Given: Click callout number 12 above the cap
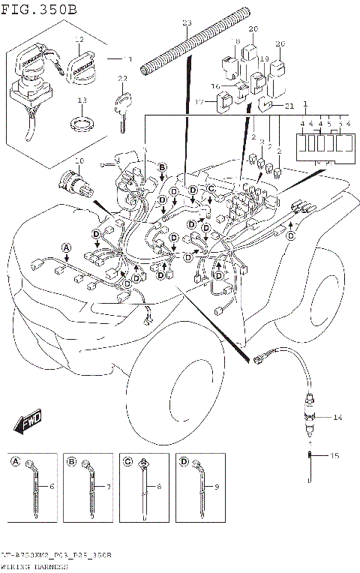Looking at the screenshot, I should coord(79,39).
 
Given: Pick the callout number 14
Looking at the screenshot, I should coord(337,416).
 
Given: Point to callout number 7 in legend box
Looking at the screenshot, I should coord(108,487).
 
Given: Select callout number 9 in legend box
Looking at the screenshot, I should coord(217,487).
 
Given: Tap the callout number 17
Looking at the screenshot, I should coord(200,102).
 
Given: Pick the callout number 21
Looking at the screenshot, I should coord(289,107).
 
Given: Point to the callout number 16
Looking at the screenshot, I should coord(215,86).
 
